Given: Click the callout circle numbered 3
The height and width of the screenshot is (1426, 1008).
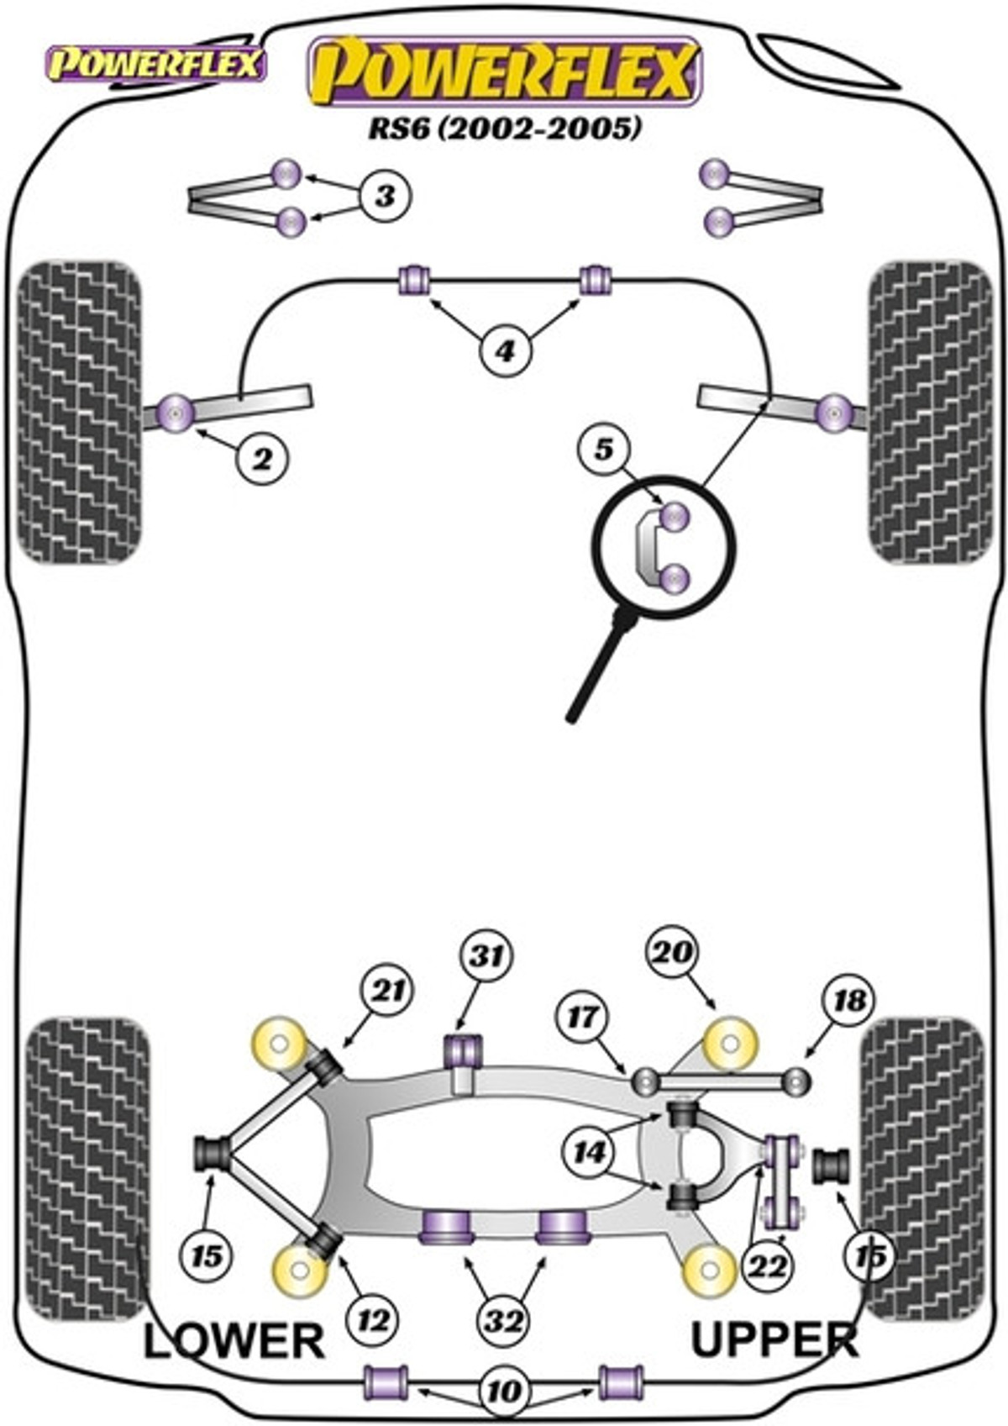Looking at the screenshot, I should (x=385, y=197).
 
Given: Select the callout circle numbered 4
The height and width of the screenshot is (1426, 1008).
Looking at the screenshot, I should (x=504, y=350).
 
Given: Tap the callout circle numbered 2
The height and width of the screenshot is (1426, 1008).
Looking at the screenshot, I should (x=262, y=459).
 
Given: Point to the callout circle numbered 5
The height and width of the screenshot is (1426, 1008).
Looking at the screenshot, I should (x=604, y=450).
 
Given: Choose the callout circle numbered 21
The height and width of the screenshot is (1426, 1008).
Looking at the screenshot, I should (x=386, y=992).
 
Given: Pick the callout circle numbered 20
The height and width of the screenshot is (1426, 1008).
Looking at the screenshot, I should (x=672, y=952).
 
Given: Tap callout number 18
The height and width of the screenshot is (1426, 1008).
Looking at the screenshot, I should (x=849, y=1001).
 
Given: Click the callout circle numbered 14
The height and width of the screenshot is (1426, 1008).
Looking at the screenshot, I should (x=589, y=1151).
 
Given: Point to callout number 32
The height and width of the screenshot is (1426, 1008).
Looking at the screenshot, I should (x=504, y=1322).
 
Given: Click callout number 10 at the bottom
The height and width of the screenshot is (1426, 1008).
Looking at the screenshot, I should (x=504, y=1392).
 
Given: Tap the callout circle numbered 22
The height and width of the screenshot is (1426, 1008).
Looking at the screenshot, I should (x=768, y=1266).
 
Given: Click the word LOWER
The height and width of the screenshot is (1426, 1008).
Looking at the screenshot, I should (x=234, y=1340).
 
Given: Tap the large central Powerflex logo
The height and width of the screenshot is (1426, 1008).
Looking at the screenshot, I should (x=505, y=71).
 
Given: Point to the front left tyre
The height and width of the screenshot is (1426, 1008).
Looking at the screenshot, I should (x=79, y=412).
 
